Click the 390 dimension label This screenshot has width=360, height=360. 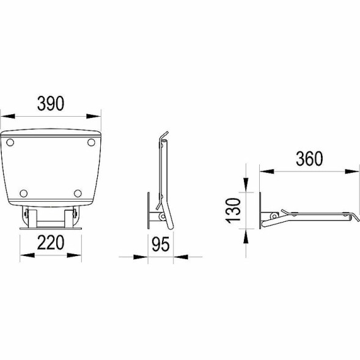pyautogui.click(x=51, y=103)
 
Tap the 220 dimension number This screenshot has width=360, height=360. pyautogui.click(x=51, y=243)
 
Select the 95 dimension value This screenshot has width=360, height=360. pyautogui.click(x=161, y=244)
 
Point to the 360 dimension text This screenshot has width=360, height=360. pyautogui.click(x=309, y=159)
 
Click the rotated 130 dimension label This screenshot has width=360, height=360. pyautogui.click(x=233, y=210)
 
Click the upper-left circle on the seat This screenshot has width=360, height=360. pyautogui.click(x=10, y=142)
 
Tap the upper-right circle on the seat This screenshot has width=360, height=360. pyautogui.click(x=92, y=142)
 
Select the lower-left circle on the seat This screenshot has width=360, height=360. pyautogui.click(x=24, y=193)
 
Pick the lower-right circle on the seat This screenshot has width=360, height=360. pyautogui.click(x=78, y=193)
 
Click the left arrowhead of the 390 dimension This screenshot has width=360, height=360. pyautogui.click(x=8, y=116)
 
